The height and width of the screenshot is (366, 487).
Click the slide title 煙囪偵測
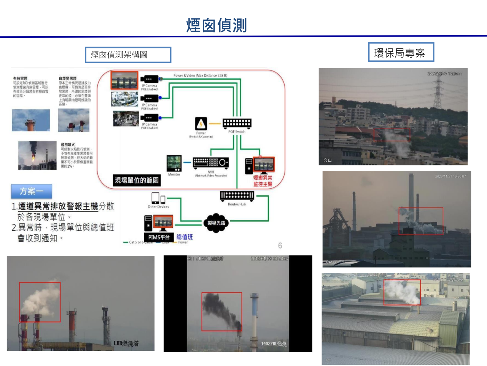tap(216, 26)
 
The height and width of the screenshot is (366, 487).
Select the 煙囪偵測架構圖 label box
tap(128, 55)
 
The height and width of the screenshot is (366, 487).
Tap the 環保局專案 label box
tap(401, 53)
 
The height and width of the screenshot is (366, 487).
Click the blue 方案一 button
tap(32, 191)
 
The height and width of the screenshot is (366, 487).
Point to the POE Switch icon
tap(237, 123)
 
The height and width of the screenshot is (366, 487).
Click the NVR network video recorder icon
tap(211, 163)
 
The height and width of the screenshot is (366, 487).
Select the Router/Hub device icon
tap(237, 196)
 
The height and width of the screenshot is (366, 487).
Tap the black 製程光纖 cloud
tap(216, 223)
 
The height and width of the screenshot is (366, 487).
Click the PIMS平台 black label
tap(159, 237)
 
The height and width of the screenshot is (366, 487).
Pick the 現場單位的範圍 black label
tap(137, 180)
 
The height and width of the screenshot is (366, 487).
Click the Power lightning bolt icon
tap(201, 124)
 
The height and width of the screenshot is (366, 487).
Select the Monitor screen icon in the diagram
tap(174, 163)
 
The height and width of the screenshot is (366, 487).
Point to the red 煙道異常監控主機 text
tap(263, 181)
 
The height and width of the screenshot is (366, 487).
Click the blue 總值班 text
tap(185, 237)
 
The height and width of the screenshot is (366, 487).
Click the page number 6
tap(280, 246)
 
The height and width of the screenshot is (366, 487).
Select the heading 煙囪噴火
tap(68, 145)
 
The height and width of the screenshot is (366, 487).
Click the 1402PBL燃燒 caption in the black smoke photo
tap(274, 344)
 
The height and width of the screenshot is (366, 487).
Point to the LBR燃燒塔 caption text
tap(126, 344)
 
